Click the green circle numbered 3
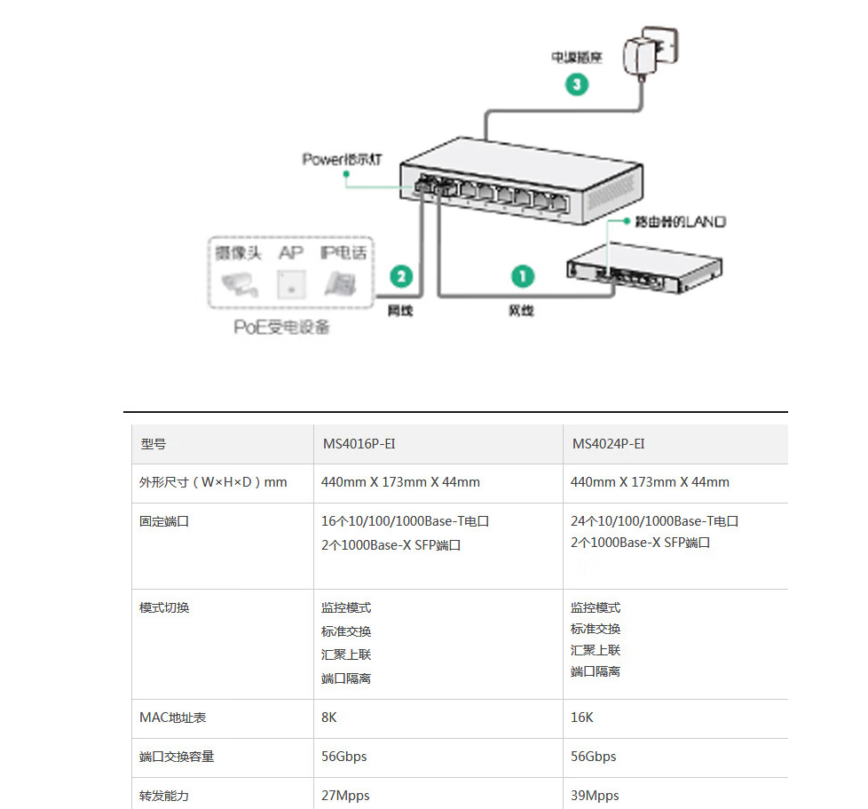coord(577,85)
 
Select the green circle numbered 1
coord(523,276)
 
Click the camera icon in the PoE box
coord(239,283)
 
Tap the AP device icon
coord(289,282)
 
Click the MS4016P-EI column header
coord(352,444)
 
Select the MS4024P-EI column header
coord(608,444)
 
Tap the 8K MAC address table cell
coord(329,717)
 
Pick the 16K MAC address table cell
coord(582,717)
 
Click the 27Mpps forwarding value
coord(345,796)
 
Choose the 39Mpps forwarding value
coord(595,796)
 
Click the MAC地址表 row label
coord(172,717)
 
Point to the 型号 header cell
coord(153,444)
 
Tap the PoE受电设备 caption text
coord(281,328)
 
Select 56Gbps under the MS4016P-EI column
coord(344,757)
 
